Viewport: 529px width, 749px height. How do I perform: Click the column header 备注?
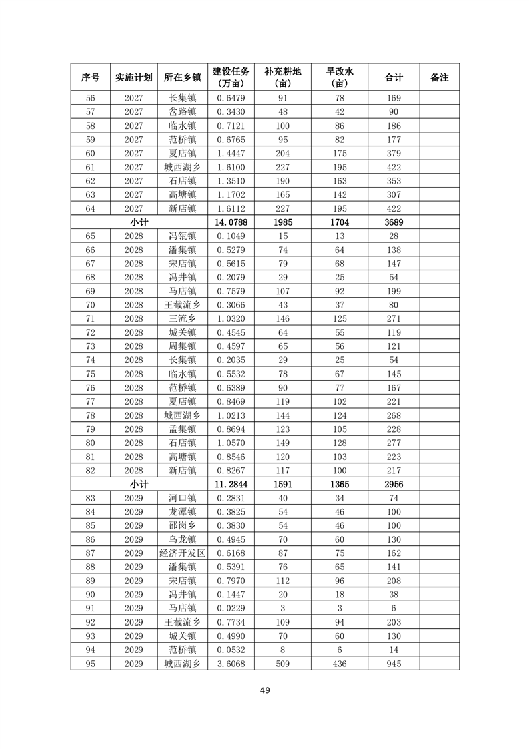point(439,78)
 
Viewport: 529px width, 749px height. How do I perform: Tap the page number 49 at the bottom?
point(264,690)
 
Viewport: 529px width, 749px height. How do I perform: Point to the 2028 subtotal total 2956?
point(394,484)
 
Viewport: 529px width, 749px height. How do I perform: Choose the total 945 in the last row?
point(394,664)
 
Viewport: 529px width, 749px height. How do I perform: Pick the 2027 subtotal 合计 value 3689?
point(394,222)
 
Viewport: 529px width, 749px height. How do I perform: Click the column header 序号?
point(91,78)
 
